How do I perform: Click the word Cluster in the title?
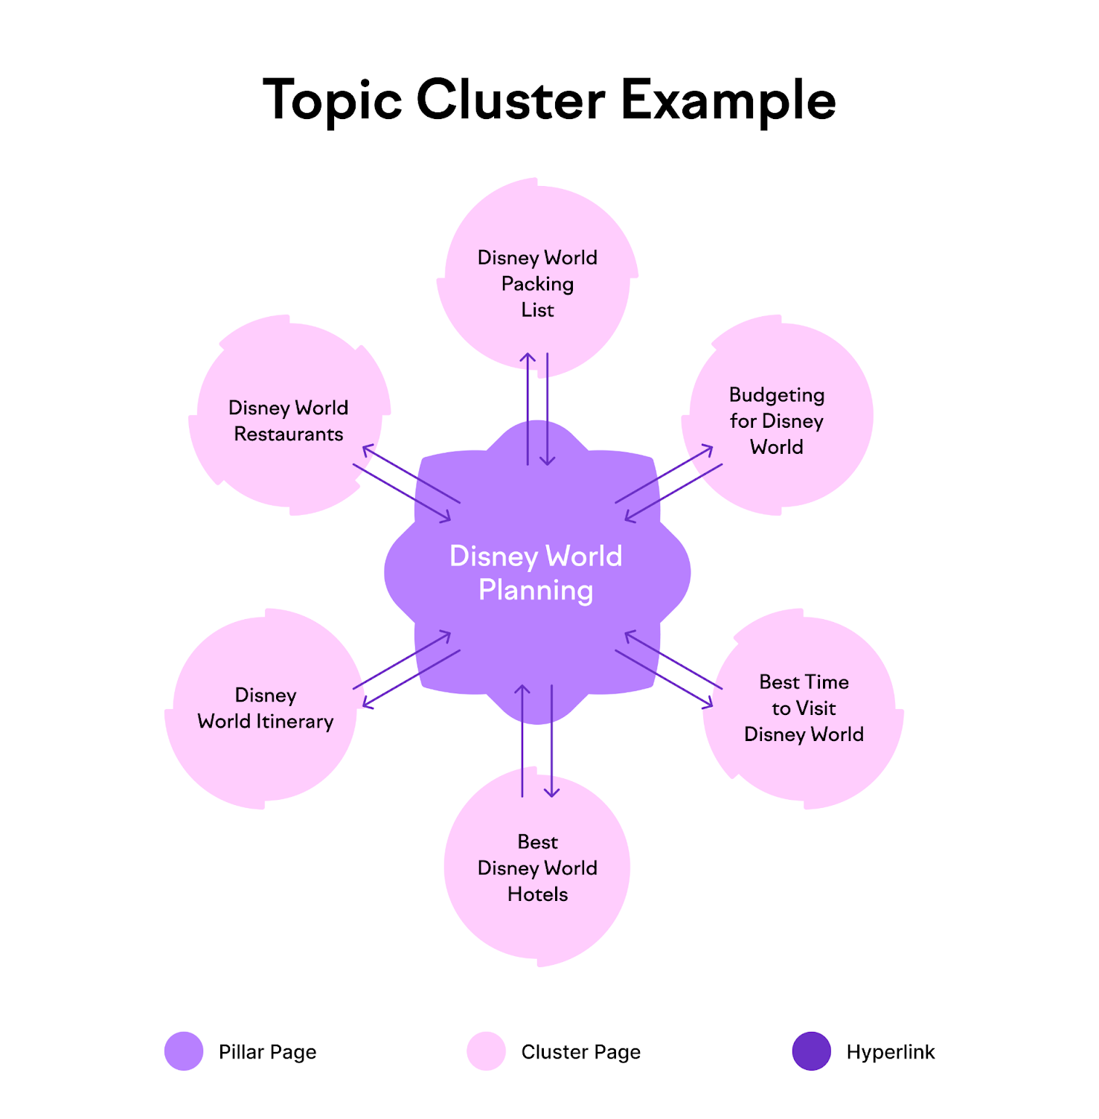tap(510, 100)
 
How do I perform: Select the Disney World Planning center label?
tap(536, 573)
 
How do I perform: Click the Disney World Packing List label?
tap(537, 283)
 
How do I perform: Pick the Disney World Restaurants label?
tap(289, 421)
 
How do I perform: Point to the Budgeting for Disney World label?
tap(776, 420)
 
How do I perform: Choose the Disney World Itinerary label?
tap(266, 708)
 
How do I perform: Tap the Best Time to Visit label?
tap(804, 708)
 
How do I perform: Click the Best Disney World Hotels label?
tap(537, 868)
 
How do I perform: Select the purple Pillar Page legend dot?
tap(184, 1051)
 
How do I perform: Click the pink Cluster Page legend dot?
tap(487, 1051)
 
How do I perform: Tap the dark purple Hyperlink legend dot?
tap(812, 1051)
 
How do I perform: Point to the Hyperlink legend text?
tap(890, 1052)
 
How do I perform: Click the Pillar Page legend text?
tap(267, 1052)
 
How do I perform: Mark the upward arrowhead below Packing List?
tap(528, 357)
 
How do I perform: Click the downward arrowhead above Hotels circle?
tap(551, 793)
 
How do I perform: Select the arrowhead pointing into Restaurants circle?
tap(366, 449)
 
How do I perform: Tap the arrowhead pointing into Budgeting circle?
tap(709, 449)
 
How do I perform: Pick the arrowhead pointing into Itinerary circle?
tap(366, 704)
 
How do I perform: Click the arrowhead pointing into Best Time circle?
tap(709, 704)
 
